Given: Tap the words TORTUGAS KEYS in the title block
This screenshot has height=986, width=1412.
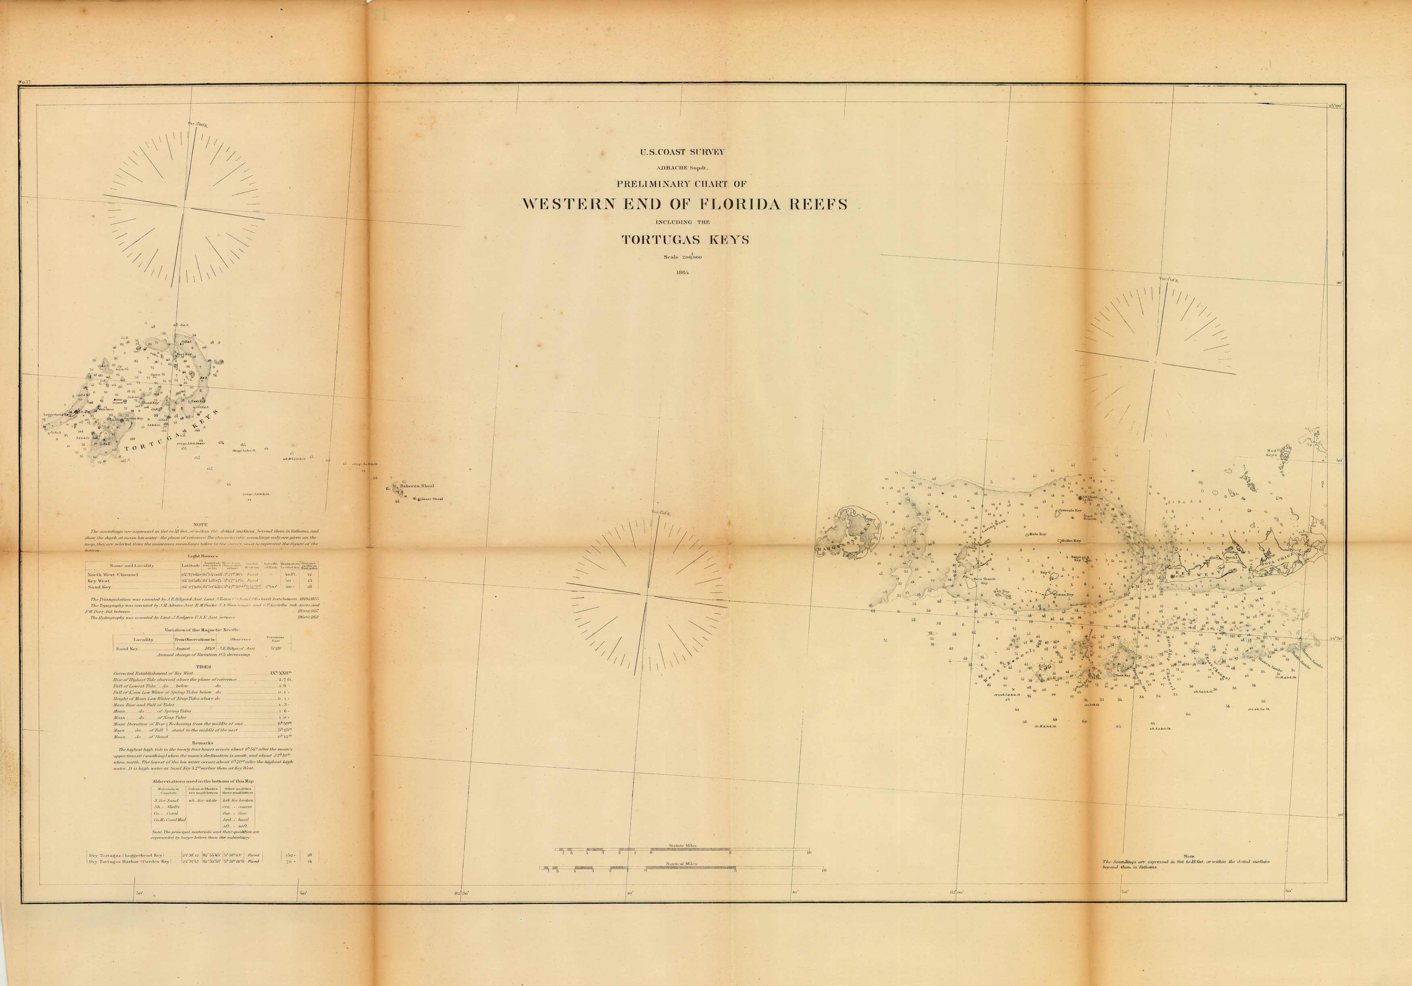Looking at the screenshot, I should tap(685, 240).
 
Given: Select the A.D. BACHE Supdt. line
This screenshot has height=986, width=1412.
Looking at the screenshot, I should tap(683, 166).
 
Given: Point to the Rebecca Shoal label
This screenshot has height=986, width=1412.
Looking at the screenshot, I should tap(417, 486).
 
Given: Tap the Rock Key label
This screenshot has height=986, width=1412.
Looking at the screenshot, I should tap(1123, 675).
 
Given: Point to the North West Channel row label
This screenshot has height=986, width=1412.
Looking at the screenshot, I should tap(113, 575).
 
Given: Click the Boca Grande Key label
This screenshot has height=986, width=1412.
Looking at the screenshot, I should tap(983, 580).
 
